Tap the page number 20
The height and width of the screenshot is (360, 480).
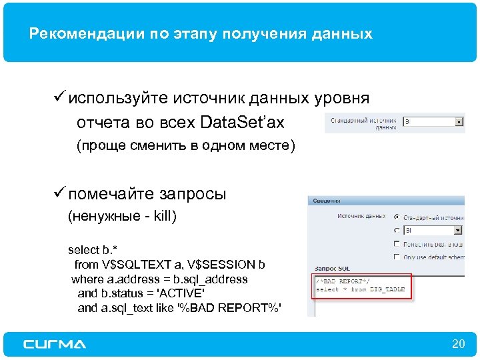click(x=458, y=344)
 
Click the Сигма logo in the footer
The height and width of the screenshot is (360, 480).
click(x=55, y=344)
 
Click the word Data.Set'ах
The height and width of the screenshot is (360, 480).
click(x=242, y=123)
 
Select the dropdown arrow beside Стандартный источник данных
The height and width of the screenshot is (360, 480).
click(x=459, y=123)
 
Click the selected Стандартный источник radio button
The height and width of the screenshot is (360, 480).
click(x=397, y=217)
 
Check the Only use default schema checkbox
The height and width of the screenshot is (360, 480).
click(x=397, y=257)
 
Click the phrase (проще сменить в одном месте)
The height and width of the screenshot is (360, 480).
click(x=185, y=146)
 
